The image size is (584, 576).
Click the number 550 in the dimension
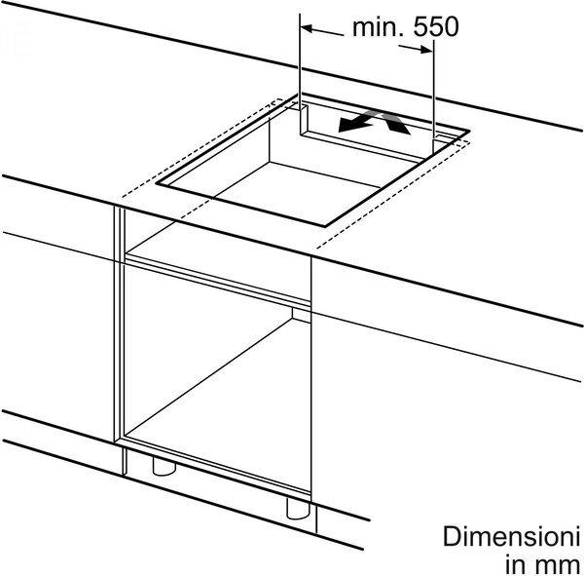pos(436,27)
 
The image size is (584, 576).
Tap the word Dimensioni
pos(511,536)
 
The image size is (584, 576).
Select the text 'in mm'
pos(543,564)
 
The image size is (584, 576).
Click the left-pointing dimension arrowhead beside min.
pos(307,28)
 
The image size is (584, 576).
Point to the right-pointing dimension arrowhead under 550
pos(427,50)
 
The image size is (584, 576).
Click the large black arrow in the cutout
pos(354,124)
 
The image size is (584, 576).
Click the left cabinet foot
pos(164,466)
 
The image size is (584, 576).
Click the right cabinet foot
pos(298,508)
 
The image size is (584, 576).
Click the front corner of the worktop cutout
pos(325,226)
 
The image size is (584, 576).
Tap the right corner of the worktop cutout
pos(469,131)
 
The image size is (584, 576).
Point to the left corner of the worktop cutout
pos(157,183)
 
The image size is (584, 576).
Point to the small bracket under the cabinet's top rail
pos(302,315)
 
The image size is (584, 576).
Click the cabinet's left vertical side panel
pos(119,324)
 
